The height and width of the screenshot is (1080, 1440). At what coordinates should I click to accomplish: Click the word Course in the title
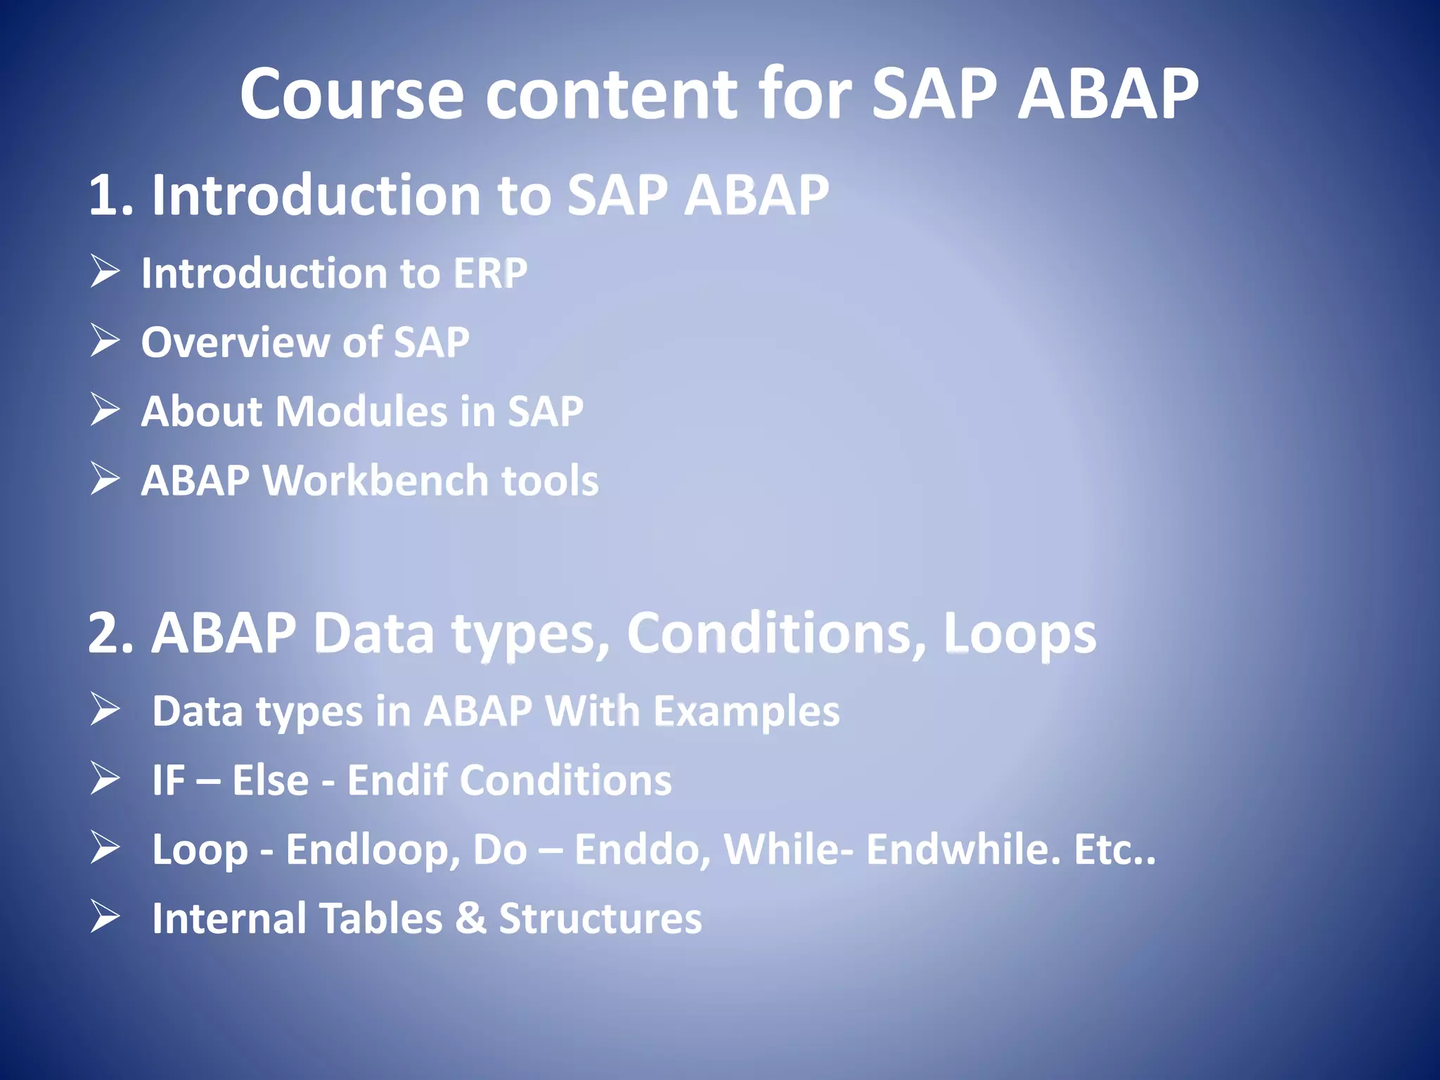coord(352,95)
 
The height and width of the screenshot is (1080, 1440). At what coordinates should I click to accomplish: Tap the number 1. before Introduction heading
coord(111,195)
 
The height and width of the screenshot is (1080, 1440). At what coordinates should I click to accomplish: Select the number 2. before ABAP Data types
coord(111,634)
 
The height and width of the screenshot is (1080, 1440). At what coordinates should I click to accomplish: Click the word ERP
coord(490,273)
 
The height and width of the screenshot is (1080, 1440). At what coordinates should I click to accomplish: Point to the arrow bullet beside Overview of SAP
coord(105,341)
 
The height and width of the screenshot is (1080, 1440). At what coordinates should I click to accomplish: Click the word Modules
coord(361,411)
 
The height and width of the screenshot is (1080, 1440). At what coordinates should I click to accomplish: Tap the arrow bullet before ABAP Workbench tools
coord(105,480)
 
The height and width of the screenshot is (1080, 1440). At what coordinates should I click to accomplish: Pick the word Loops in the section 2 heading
coord(1019,634)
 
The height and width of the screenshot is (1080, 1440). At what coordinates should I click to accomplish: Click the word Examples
coord(746,711)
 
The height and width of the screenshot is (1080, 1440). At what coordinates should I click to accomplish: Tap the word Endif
coord(397,780)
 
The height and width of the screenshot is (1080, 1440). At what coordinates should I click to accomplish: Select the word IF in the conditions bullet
coord(169,780)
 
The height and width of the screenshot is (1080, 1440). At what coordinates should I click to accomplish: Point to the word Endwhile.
coord(963,849)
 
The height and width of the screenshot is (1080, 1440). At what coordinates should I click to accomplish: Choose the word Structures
coord(600,918)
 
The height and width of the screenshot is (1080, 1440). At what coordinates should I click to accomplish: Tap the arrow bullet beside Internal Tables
coord(105,918)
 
